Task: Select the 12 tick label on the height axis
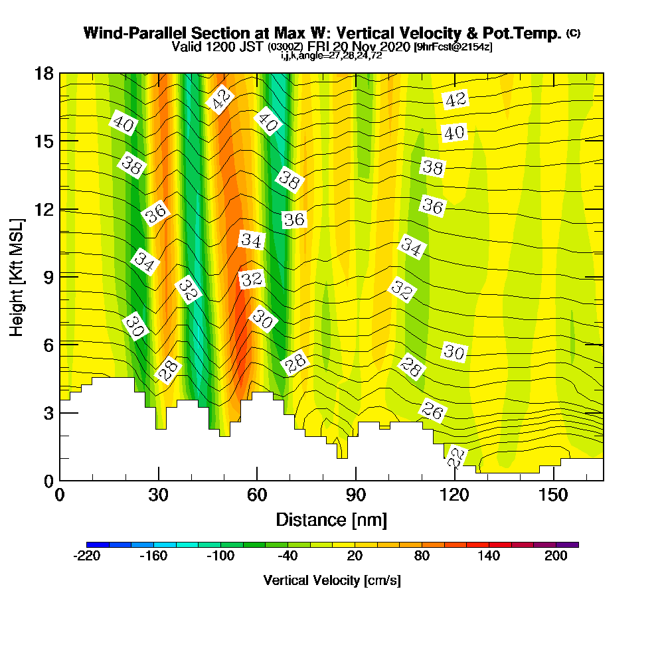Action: click(x=44, y=209)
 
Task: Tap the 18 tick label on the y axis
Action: click(x=44, y=73)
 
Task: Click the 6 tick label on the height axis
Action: click(x=48, y=345)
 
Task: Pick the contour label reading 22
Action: click(x=456, y=457)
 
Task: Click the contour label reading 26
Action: click(x=432, y=412)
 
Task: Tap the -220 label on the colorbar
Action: click(x=86, y=556)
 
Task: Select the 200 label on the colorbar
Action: click(x=556, y=556)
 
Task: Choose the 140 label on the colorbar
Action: click(x=489, y=556)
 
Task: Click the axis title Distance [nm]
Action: click(x=331, y=519)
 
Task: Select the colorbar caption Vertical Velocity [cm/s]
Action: click(x=332, y=580)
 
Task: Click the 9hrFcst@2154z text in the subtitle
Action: click(x=453, y=47)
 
